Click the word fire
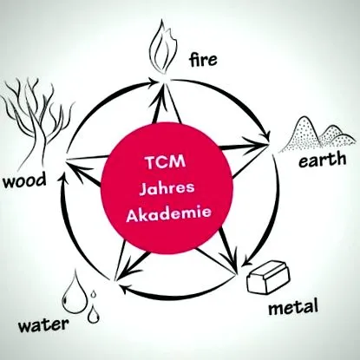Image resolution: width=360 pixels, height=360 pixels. (x=203, y=60)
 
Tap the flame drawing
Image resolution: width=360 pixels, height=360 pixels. (x=162, y=49)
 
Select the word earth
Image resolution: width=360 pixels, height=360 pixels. (x=322, y=160)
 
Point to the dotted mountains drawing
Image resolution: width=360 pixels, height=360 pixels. (x=317, y=134)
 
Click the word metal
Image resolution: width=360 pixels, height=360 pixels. (x=293, y=307)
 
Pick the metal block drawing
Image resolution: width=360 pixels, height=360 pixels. (x=268, y=277)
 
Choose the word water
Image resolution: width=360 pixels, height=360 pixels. (x=43, y=325)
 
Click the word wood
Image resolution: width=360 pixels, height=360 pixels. (x=24, y=181)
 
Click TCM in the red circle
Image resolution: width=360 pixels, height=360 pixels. (x=166, y=162)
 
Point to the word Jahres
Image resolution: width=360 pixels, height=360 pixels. (x=167, y=188)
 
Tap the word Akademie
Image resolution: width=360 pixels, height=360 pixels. (x=169, y=214)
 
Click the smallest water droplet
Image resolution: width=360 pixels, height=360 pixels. (x=93, y=294)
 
